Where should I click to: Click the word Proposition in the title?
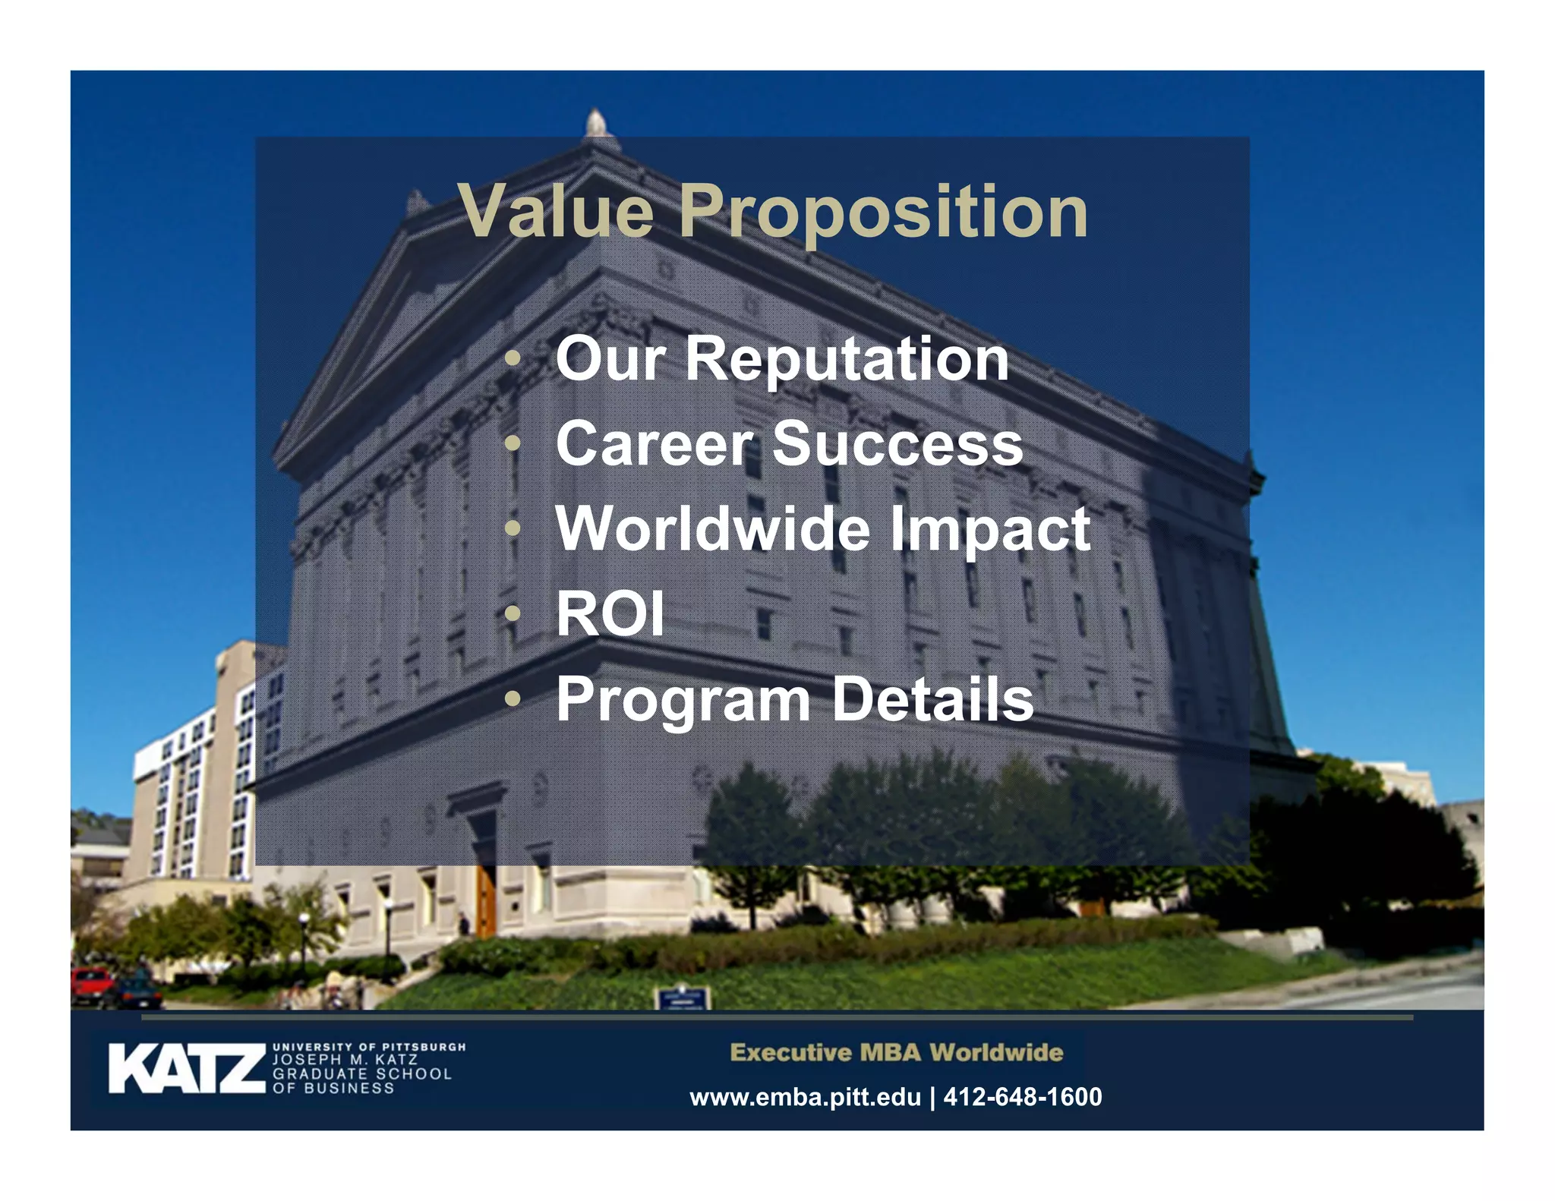[x=883, y=213]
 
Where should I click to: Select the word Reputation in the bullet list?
[x=847, y=360]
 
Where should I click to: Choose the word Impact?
[x=990, y=530]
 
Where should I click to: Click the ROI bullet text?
[x=610, y=613]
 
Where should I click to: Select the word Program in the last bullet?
[x=683, y=700]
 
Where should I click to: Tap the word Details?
[x=933, y=698]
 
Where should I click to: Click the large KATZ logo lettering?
[x=186, y=1069]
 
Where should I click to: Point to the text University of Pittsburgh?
[x=369, y=1047]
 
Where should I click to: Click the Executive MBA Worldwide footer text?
[x=896, y=1053]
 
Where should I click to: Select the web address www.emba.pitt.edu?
[x=805, y=1097]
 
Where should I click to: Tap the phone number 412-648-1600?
[x=1022, y=1097]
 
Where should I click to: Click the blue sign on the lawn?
[x=682, y=998]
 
